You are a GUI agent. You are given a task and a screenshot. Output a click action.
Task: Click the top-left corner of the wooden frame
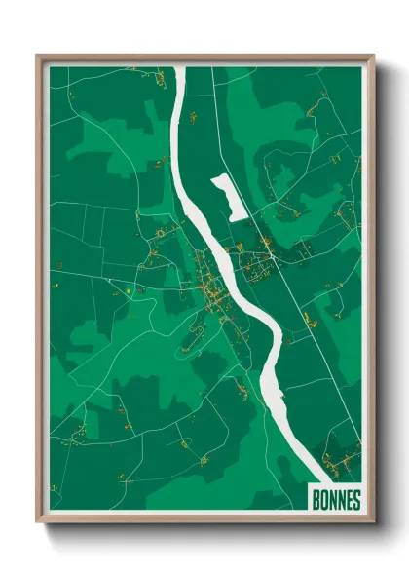tap(38, 56)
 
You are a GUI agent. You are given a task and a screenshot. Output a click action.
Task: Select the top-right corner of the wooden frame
tap(374, 56)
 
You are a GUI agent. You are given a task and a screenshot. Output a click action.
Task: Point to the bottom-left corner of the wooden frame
tap(38, 524)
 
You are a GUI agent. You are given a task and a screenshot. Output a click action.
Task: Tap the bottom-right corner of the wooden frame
tap(374, 524)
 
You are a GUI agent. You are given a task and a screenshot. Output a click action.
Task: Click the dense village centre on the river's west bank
tap(208, 287)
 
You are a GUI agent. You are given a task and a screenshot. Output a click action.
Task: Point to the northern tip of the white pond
tap(216, 176)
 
